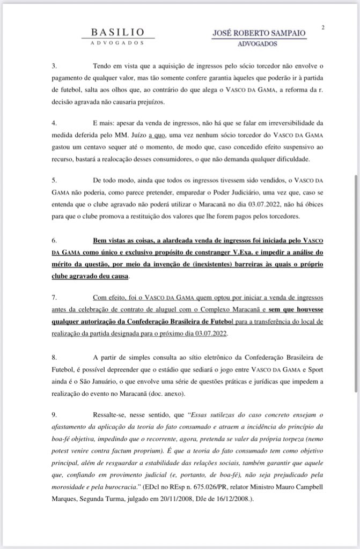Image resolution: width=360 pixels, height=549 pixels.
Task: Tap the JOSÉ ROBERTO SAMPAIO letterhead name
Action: click(260, 33)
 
